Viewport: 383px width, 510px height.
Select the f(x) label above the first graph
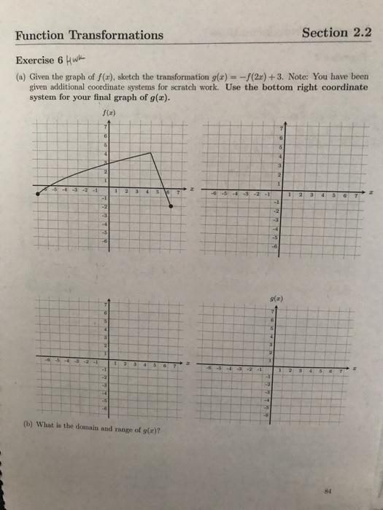[110, 112]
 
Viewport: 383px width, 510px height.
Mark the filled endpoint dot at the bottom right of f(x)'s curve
[171, 207]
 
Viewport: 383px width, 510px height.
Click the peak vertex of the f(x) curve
[151, 152]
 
